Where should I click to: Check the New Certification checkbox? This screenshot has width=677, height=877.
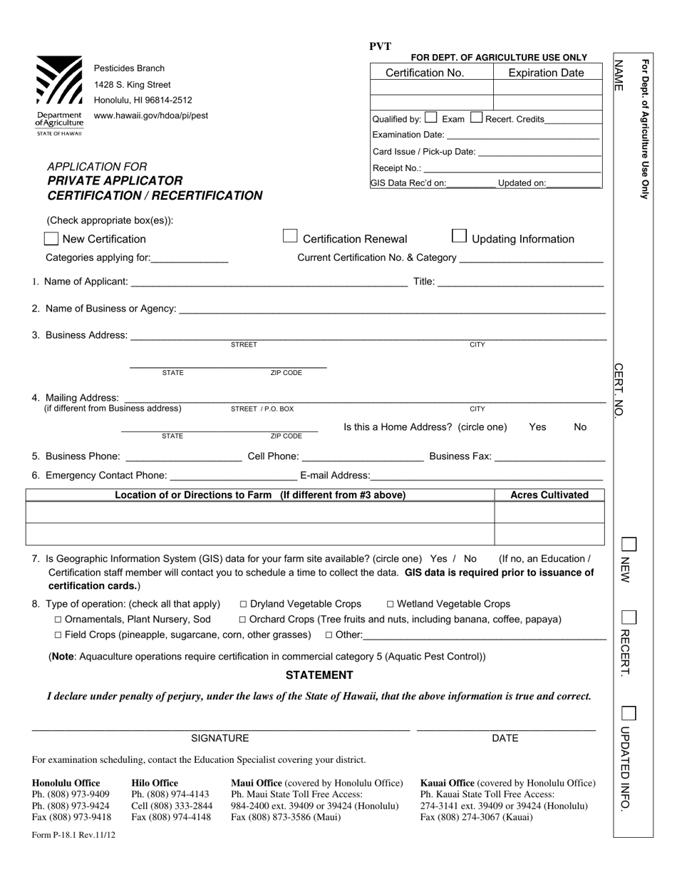click(x=51, y=239)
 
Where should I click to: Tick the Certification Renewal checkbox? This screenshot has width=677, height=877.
click(x=290, y=236)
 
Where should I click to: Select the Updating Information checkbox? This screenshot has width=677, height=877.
click(x=460, y=236)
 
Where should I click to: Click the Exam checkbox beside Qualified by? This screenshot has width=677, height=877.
click(x=431, y=118)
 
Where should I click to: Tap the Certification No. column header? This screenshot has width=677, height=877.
click(x=425, y=73)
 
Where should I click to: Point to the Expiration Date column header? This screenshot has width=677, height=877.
click(x=546, y=73)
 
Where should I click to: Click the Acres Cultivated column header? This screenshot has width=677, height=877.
click(x=549, y=495)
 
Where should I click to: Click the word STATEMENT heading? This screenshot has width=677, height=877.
click(x=319, y=675)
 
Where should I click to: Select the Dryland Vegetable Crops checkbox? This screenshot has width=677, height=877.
click(x=244, y=604)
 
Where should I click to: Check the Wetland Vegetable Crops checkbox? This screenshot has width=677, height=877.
click(x=391, y=604)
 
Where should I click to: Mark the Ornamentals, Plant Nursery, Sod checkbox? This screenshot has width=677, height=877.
click(x=58, y=620)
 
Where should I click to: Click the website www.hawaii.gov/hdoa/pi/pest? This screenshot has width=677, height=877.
click(x=151, y=116)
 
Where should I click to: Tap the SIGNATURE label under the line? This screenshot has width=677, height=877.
click(x=220, y=738)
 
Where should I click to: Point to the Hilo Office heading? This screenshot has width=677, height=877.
click(x=155, y=783)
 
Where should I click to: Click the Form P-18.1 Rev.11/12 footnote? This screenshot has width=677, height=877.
click(x=73, y=835)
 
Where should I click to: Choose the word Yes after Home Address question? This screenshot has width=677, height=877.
click(x=538, y=427)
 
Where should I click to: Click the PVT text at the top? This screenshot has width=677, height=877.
click(x=381, y=46)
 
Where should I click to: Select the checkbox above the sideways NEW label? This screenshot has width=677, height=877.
click(x=629, y=545)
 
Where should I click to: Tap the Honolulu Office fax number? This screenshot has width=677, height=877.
click(x=71, y=817)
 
